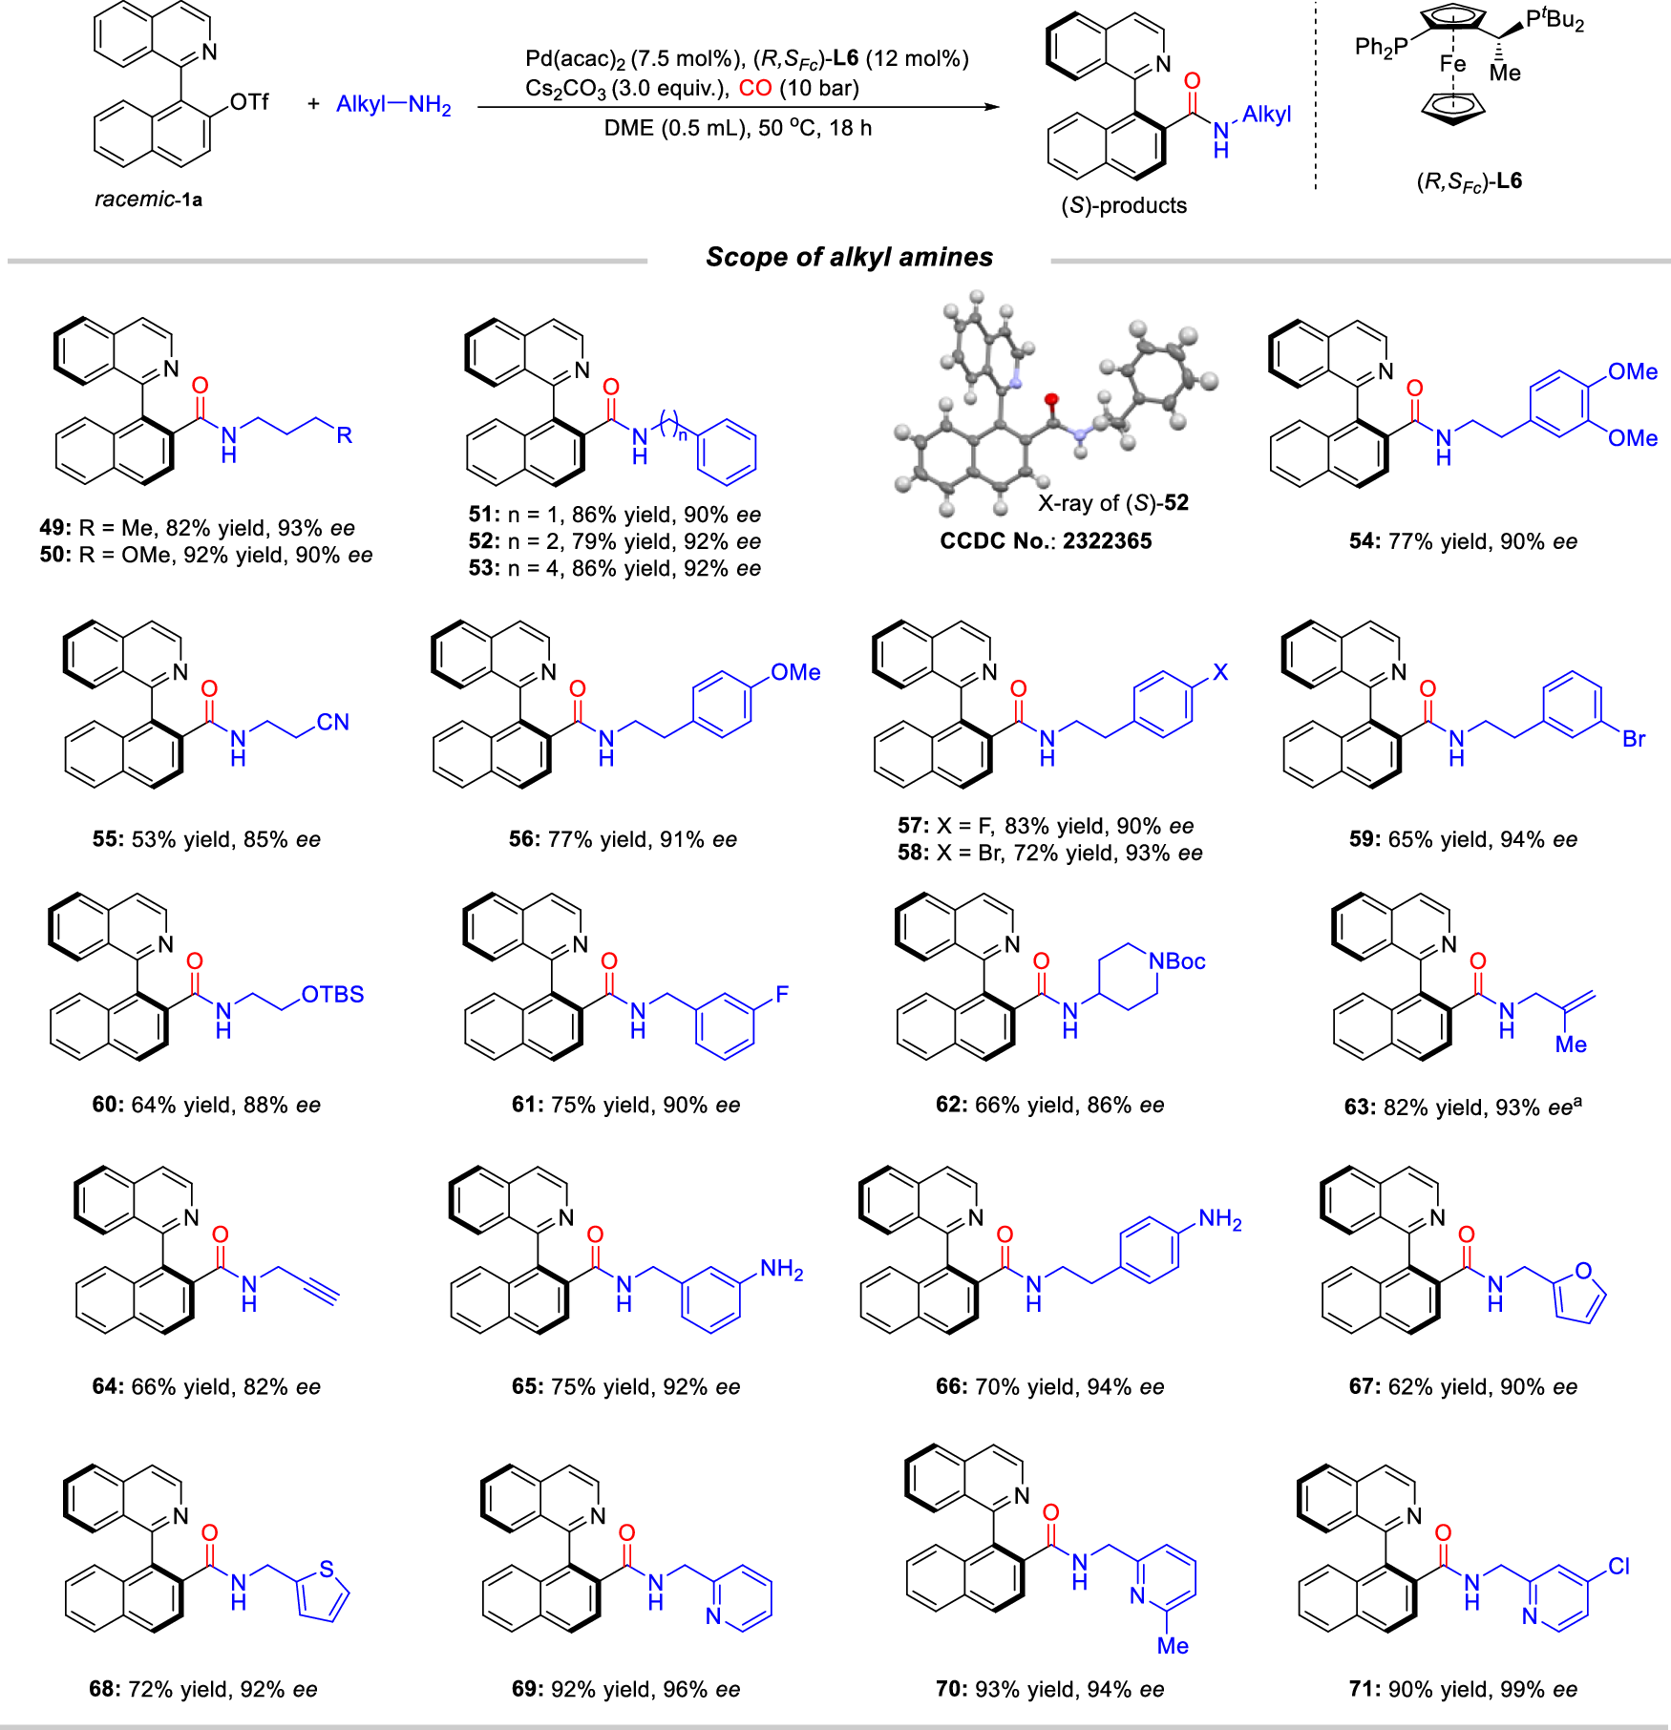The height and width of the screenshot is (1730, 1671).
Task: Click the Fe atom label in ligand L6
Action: point(1452,64)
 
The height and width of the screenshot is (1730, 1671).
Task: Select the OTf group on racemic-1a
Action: point(249,101)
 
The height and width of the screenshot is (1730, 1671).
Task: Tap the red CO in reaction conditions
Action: point(755,89)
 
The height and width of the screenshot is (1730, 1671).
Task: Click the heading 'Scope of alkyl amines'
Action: point(849,257)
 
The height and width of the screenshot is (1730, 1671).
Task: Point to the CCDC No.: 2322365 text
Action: point(1046,540)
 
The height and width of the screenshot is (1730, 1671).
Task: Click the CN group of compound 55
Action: point(332,722)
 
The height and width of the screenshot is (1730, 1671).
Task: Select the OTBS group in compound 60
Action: point(332,994)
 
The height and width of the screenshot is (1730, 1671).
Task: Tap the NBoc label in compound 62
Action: point(1177,961)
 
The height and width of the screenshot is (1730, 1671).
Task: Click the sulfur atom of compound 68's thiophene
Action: point(327,1569)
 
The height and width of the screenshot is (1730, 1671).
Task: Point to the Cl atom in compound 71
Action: point(1618,1567)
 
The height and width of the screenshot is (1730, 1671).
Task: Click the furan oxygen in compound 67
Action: point(1583,1271)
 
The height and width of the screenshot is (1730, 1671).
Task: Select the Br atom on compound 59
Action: point(1634,739)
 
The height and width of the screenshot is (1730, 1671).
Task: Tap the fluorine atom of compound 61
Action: point(782,994)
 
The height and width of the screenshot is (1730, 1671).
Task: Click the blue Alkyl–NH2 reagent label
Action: point(393,105)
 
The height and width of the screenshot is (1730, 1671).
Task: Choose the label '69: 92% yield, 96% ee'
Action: point(625,1689)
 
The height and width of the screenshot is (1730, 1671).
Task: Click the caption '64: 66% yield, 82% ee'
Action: point(206,1386)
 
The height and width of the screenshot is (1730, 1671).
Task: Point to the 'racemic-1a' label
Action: point(148,200)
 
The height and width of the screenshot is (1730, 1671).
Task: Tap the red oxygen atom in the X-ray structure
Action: point(1051,399)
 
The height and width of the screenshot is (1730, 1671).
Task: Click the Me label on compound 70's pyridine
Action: point(1173,1646)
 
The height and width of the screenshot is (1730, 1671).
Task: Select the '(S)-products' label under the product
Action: point(1124,205)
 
